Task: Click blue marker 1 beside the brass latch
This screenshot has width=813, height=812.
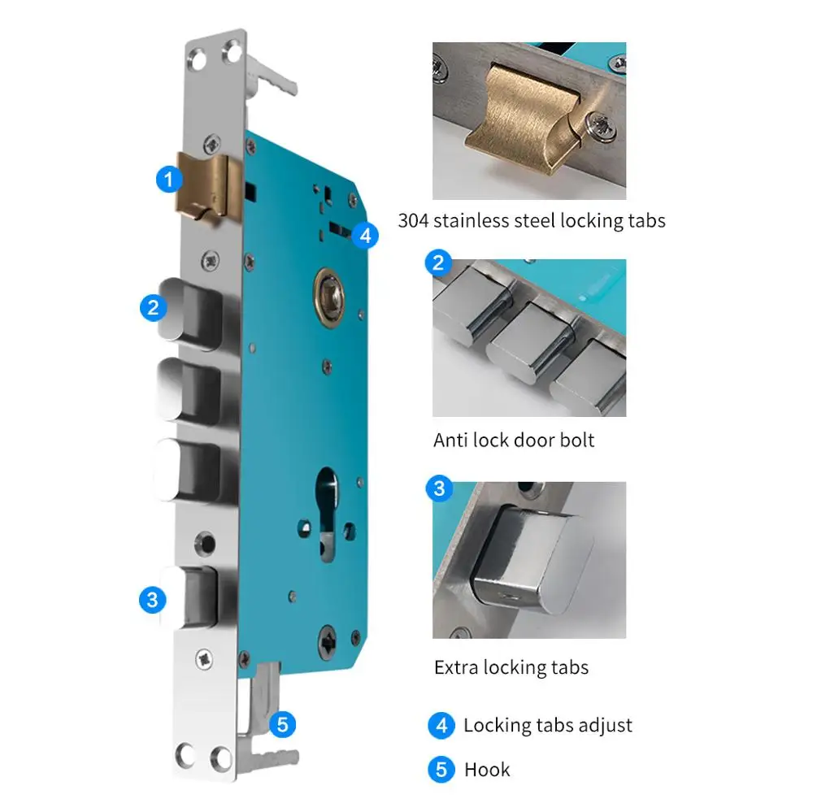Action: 168,180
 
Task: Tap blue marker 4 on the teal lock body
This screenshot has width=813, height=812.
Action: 365,236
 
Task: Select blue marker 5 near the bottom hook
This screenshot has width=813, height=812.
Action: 283,724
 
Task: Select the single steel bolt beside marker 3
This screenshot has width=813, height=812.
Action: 189,597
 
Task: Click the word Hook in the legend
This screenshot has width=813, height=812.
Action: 487,770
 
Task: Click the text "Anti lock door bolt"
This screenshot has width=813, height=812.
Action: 514,441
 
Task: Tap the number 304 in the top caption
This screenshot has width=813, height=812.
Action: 413,221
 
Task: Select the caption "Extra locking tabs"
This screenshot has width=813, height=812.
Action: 511,668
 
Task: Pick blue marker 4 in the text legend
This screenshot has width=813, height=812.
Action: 441,725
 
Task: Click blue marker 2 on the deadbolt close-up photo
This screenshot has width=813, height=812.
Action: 438,263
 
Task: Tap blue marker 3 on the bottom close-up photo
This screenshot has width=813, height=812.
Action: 439,488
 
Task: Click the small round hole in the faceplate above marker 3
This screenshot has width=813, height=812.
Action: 206,544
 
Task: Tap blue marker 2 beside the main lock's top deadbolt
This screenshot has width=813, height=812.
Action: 153,307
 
